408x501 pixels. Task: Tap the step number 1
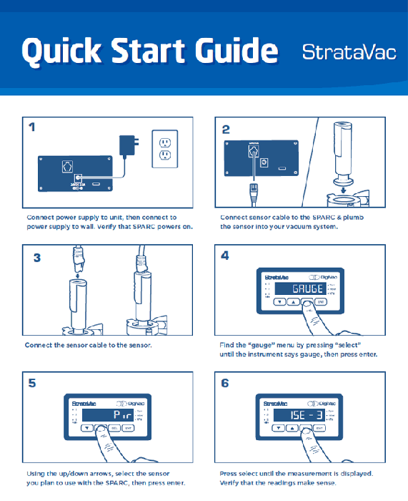(x=32, y=129)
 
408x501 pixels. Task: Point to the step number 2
(x=227, y=129)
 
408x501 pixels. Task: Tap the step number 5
(x=33, y=384)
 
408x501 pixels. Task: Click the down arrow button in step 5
(x=86, y=429)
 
